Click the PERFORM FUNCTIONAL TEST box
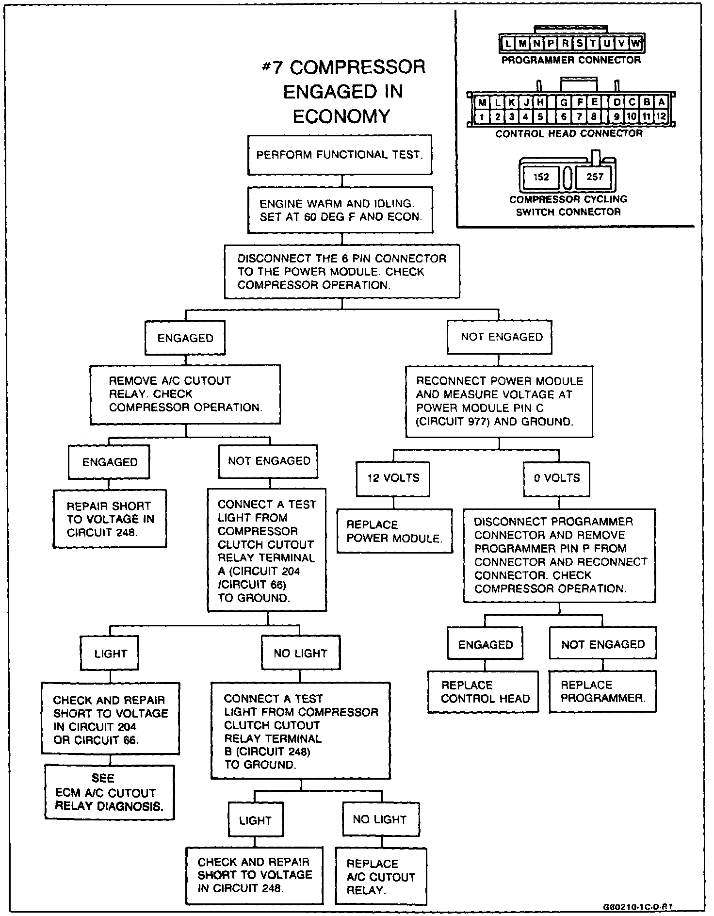pyautogui.click(x=340, y=155)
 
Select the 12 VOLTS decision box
pyautogui.click(x=393, y=478)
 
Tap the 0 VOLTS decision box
pyautogui.click(x=557, y=478)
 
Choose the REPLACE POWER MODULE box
pyautogui.click(x=394, y=531)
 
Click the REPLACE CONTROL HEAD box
pyautogui.click(x=483, y=692)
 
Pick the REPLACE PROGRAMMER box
pyautogui.click(x=602, y=692)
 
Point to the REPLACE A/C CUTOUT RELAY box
pyautogui.click(x=381, y=877)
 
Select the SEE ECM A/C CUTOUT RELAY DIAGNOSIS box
pyautogui.click(x=109, y=792)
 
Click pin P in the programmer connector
pyautogui.click(x=551, y=44)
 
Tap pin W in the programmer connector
pyautogui.click(x=636, y=44)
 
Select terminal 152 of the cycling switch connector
pyautogui.click(x=541, y=177)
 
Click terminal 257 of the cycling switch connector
pyautogui.click(x=595, y=177)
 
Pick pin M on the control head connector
pyautogui.click(x=482, y=103)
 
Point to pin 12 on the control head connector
pyautogui.click(x=661, y=116)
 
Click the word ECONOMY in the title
pyautogui.click(x=341, y=116)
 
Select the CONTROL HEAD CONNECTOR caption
pyautogui.click(x=569, y=133)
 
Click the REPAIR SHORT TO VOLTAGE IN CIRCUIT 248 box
pyautogui.click(x=110, y=519)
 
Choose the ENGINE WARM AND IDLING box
pyautogui.click(x=341, y=211)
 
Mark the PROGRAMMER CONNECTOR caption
pyautogui.click(x=571, y=60)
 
